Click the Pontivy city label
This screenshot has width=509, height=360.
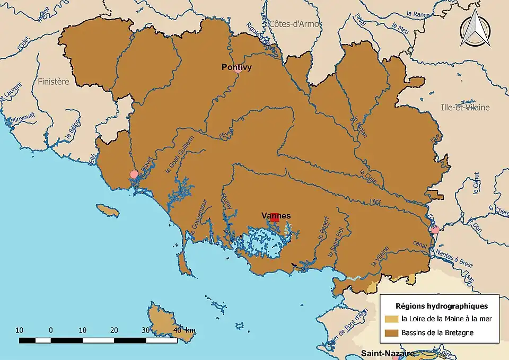(236, 67)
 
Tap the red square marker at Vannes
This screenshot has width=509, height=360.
(275, 217)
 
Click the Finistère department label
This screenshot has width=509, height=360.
(54, 82)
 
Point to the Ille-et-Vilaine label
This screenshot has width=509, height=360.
(465, 108)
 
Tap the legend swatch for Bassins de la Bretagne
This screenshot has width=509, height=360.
(392, 333)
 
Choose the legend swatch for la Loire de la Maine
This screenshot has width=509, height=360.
(392, 319)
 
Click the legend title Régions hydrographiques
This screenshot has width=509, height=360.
(442, 306)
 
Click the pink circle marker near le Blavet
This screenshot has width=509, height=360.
(134, 174)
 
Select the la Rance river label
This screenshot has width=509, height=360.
(417, 14)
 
